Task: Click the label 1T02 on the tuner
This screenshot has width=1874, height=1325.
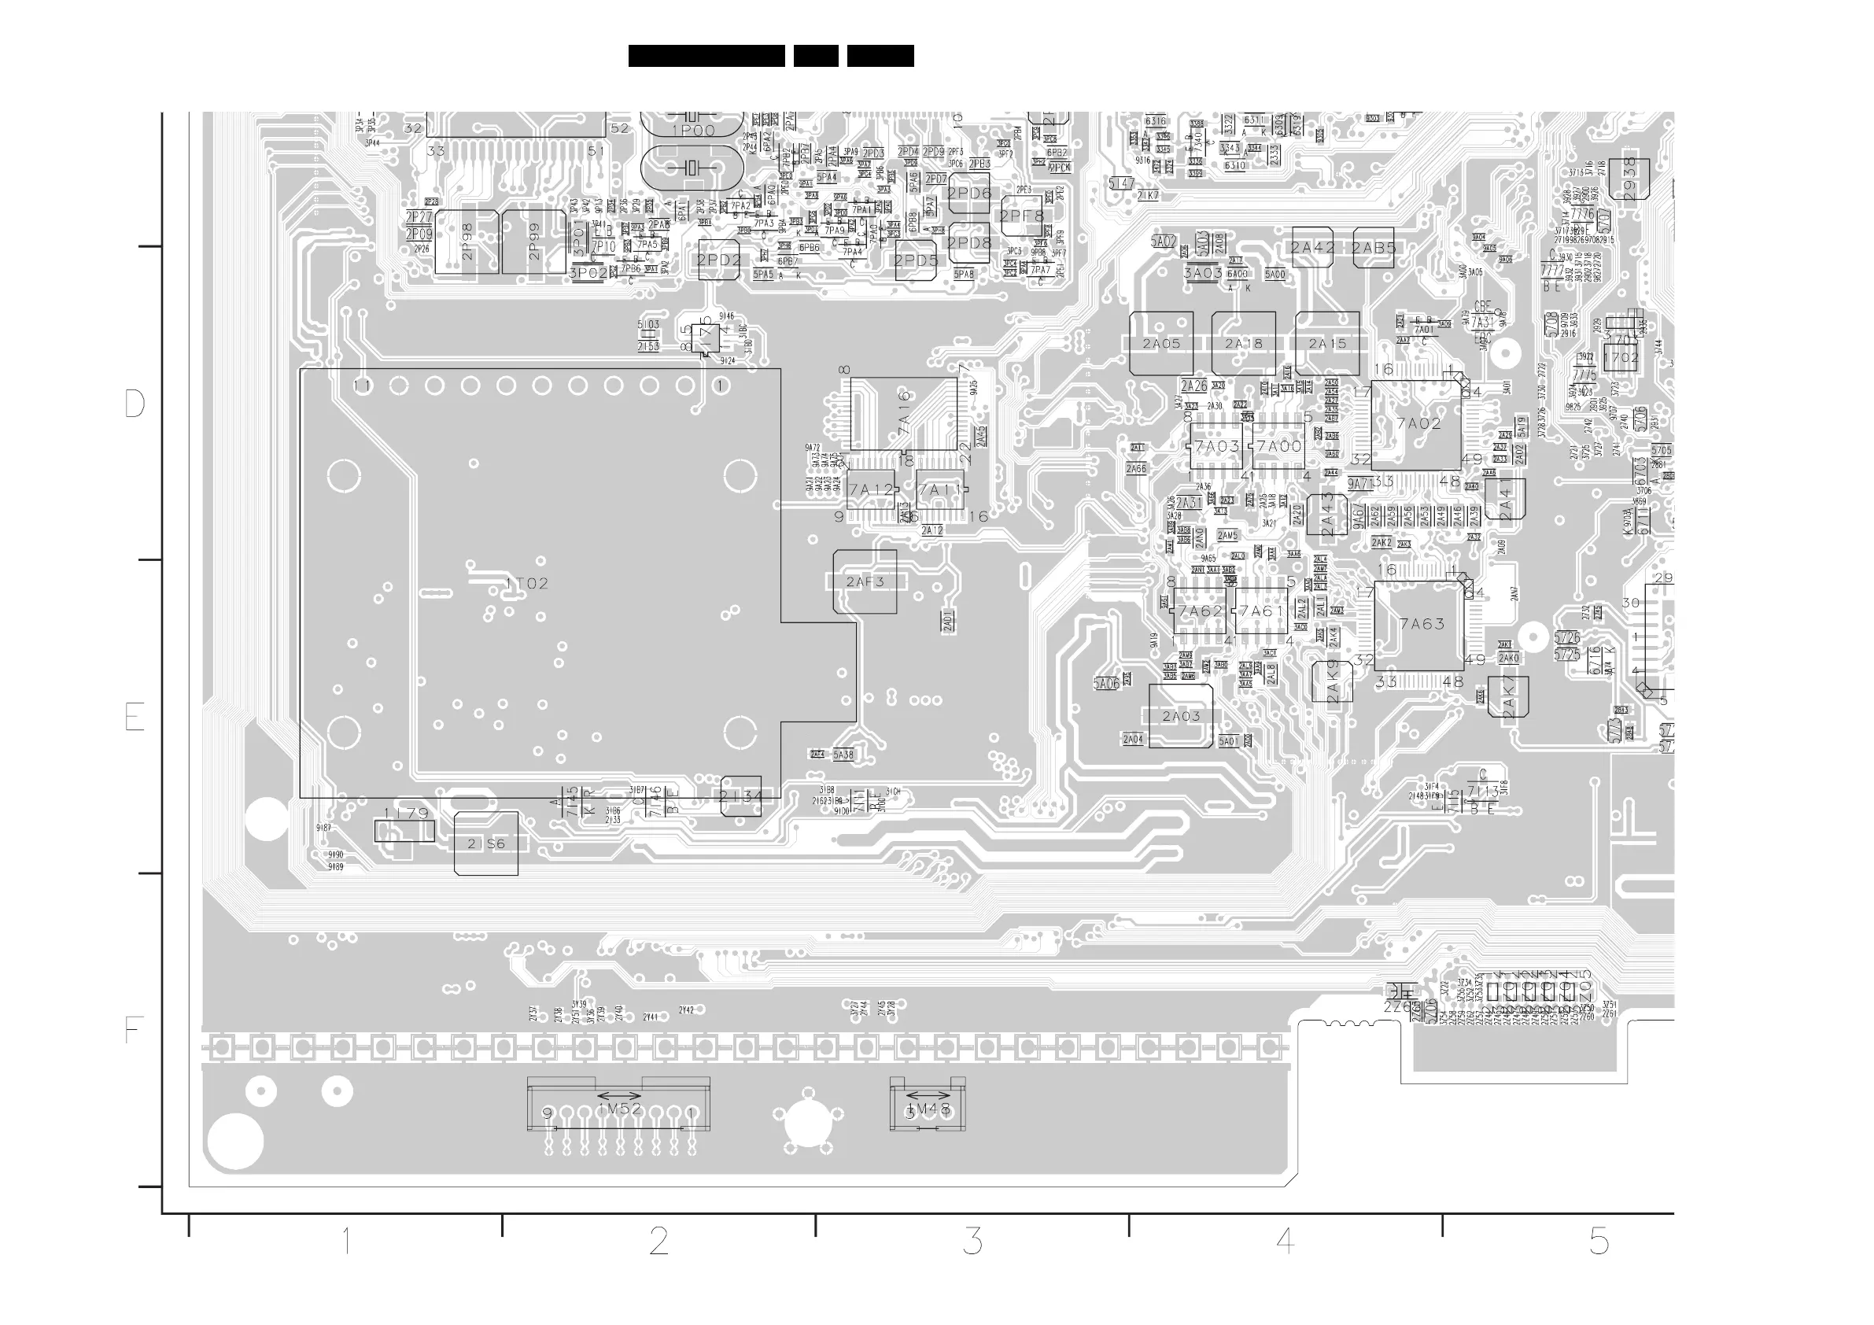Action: (527, 584)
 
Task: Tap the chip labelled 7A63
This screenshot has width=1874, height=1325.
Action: (1420, 625)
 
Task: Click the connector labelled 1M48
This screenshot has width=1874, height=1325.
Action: (928, 1109)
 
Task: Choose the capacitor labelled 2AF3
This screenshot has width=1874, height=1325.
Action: (865, 582)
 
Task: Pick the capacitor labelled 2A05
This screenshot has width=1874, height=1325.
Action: (1161, 344)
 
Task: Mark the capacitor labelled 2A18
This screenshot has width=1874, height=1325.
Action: (1244, 344)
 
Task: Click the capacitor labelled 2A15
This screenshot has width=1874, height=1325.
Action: (1327, 344)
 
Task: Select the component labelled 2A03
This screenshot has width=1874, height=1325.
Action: (1180, 716)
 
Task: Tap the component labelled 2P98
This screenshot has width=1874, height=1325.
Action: (467, 242)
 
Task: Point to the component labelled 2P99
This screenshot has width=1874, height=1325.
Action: (533, 242)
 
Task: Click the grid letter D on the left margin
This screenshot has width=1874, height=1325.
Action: (135, 404)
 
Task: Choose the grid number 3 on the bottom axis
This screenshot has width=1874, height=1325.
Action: (972, 1242)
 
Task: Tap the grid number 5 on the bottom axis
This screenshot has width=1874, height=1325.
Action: (1599, 1242)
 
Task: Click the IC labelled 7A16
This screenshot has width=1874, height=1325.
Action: (903, 414)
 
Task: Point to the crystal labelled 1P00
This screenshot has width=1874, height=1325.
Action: (692, 131)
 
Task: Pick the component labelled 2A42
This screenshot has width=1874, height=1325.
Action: (1312, 247)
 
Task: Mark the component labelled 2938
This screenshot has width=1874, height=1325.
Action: (1629, 179)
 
